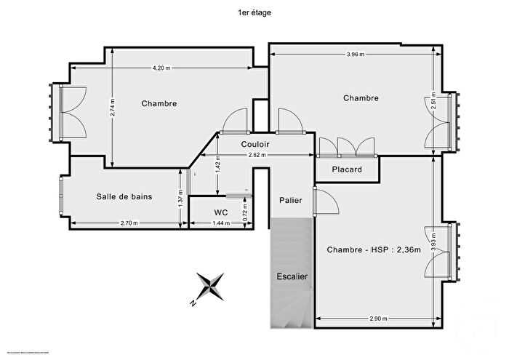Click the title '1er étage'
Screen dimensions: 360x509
(254, 12)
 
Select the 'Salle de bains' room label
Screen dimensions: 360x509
(124, 196)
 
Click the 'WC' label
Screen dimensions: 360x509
(221, 212)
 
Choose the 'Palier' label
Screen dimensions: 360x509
(290, 199)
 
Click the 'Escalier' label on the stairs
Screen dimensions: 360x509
(292, 276)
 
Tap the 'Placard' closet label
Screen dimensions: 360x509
(347, 170)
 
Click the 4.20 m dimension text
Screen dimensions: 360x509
(161, 68)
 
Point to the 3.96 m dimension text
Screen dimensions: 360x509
(356, 55)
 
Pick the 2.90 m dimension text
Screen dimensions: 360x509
(378, 319)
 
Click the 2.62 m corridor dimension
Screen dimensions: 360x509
(257, 155)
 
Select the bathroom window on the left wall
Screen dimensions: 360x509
(60, 196)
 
